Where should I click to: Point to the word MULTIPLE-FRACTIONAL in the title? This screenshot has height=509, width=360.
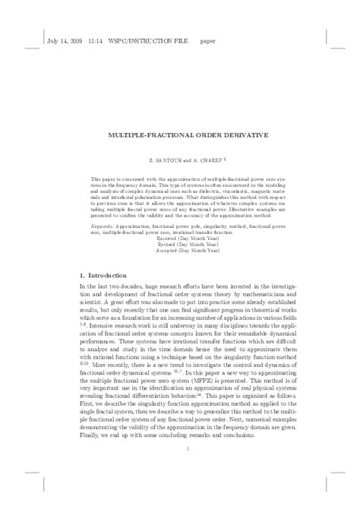149,136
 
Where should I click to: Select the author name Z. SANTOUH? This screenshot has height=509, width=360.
163,161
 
